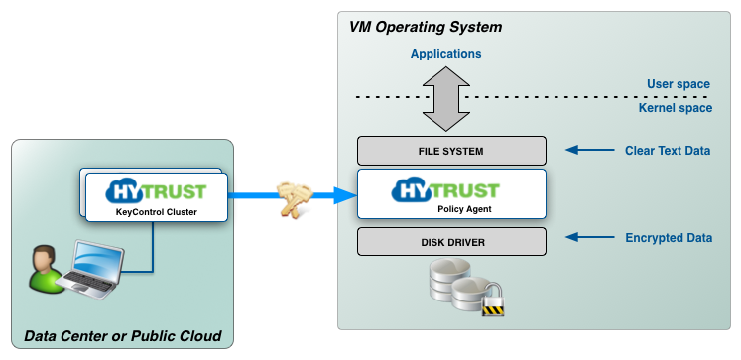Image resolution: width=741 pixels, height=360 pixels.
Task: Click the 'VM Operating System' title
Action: (x=426, y=26)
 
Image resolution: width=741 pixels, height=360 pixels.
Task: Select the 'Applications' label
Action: (x=446, y=53)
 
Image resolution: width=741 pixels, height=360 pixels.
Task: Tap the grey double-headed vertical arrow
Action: (x=446, y=98)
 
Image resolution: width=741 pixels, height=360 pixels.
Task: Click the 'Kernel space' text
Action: (x=675, y=107)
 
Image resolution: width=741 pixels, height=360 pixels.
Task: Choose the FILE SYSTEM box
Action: (x=451, y=151)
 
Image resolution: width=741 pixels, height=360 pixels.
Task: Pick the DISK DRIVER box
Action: (x=451, y=240)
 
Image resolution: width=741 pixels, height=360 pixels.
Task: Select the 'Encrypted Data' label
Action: (x=670, y=239)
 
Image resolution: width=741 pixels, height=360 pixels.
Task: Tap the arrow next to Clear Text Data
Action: (x=588, y=151)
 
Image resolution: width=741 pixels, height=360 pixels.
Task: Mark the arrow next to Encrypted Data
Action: (x=588, y=239)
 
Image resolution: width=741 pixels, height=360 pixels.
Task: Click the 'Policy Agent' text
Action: (x=466, y=210)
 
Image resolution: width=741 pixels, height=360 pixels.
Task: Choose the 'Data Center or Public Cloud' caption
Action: (x=122, y=334)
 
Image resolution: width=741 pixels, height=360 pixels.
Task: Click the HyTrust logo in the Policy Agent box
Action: (x=451, y=190)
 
